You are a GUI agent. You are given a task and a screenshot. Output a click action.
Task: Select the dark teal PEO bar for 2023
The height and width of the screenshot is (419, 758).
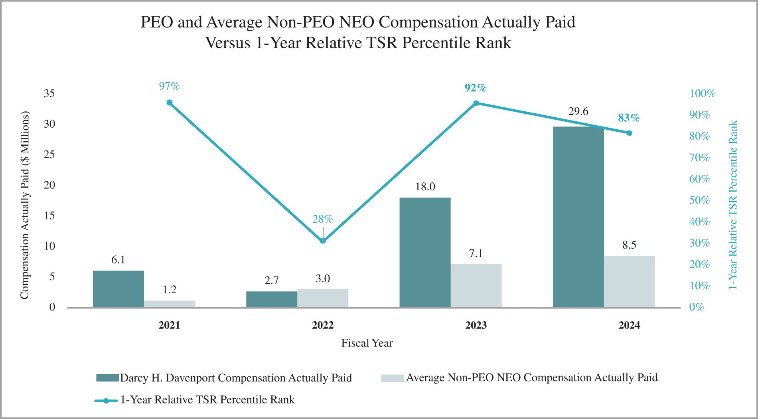pyautogui.click(x=425, y=252)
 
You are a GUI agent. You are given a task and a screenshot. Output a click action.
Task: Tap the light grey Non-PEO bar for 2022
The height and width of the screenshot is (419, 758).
pyautogui.click(x=323, y=298)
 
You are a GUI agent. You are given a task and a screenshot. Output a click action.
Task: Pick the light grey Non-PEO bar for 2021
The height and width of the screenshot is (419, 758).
pyautogui.click(x=170, y=304)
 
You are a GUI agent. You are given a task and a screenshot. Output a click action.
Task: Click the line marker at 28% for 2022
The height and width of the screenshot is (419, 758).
pyautogui.click(x=323, y=241)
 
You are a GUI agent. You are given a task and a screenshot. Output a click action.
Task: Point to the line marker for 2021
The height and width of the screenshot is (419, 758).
pyautogui.click(x=170, y=103)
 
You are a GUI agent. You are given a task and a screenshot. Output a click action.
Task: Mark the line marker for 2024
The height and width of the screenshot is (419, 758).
pyautogui.click(x=629, y=133)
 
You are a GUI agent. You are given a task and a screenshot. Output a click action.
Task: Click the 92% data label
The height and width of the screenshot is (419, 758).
pyautogui.click(x=476, y=88)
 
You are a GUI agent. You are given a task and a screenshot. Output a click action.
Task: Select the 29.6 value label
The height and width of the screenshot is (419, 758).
pyautogui.click(x=578, y=111)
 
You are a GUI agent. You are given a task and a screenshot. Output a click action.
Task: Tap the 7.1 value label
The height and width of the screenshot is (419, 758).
pyautogui.click(x=476, y=253)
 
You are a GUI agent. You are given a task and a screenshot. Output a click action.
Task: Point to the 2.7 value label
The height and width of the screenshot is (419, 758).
pyautogui.click(x=272, y=281)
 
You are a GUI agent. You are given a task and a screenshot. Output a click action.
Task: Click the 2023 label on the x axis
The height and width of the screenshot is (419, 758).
pyautogui.click(x=476, y=325)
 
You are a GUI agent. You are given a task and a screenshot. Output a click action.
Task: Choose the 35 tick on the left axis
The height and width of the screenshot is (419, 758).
pyautogui.click(x=49, y=93)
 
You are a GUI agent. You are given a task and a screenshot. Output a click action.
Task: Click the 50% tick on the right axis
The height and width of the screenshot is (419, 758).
pyautogui.click(x=699, y=200)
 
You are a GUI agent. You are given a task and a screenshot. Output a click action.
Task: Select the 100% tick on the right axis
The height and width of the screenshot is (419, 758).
pyautogui.click(x=702, y=93)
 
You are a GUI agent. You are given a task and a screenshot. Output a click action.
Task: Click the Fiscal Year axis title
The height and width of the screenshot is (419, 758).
pyautogui.click(x=367, y=343)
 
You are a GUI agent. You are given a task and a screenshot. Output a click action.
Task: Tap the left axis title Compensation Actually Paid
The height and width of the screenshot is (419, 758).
pyautogui.click(x=25, y=205)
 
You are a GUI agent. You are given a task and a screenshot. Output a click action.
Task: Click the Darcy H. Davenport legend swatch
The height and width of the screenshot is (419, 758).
pyautogui.click(x=107, y=378)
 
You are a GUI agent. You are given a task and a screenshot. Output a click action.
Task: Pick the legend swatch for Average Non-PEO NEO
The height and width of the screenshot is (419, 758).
pyautogui.click(x=393, y=378)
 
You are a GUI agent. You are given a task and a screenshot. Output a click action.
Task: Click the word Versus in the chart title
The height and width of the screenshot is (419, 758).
pyautogui.click(x=228, y=43)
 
